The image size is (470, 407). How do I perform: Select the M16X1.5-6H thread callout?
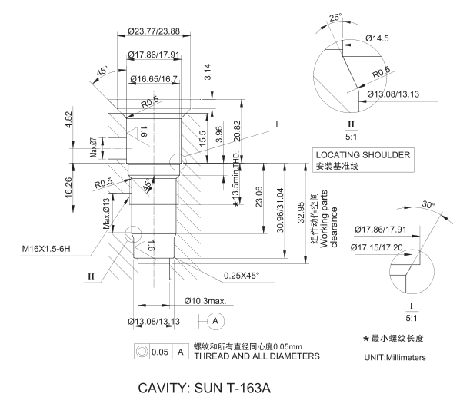click(58, 249)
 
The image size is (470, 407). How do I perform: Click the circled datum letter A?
click(215, 319)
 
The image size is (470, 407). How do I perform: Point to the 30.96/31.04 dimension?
click(280, 210)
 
